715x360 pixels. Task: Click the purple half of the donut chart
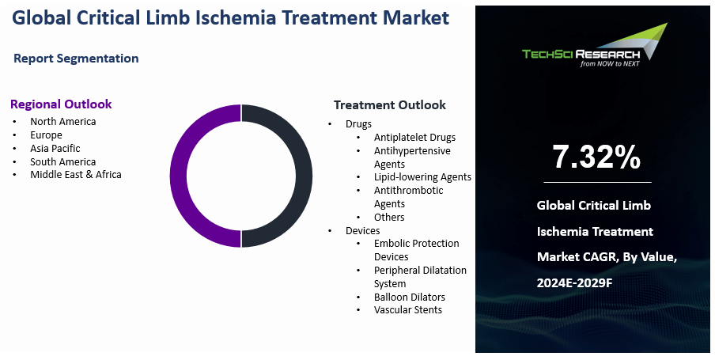point(178,176)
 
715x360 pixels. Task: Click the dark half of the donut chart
point(304,176)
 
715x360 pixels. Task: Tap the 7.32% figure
point(596,157)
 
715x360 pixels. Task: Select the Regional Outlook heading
point(61,104)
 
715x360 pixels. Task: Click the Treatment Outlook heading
point(390,105)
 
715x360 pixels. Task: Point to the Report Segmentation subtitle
point(76,59)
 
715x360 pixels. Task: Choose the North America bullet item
point(63,121)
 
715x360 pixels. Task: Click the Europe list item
point(46,135)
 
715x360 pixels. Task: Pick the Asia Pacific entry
point(55,148)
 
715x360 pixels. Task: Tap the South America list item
point(63,161)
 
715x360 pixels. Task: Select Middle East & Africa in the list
point(76,174)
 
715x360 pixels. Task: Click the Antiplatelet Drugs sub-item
point(414,138)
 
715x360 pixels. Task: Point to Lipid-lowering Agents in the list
point(422,177)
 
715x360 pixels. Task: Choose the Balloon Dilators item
point(410,297)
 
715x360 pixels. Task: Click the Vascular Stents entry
point(408,310)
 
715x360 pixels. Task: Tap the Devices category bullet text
point(362,231)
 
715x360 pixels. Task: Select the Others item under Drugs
point(389,217)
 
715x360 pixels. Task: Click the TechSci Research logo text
point(581,55)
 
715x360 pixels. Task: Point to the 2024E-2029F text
point(574,283)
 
